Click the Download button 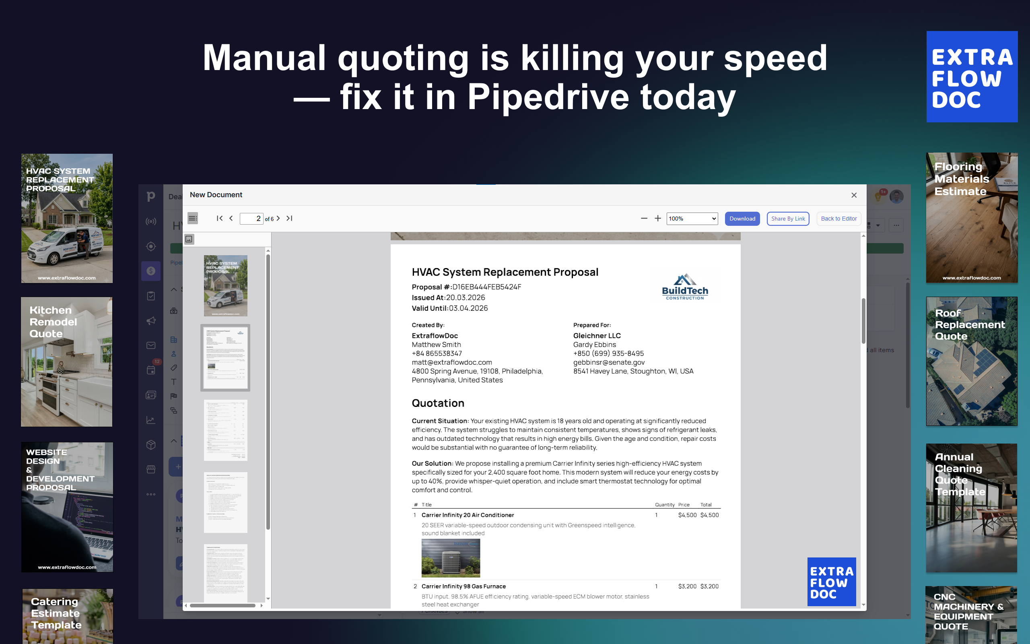[x=742, y=219]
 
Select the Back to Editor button [x=838, y=219]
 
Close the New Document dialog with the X [x=854, y=195]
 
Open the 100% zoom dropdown [x=692, y=219]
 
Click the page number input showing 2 [x=251, y=219]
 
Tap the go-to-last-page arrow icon [x=289, y=218]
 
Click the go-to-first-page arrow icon [x=220, y=218]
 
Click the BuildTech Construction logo [x=685, y=287]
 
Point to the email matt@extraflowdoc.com [x=451, y=362]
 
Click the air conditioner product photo [x=451, y=557]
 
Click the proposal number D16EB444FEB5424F [x=486, y=287]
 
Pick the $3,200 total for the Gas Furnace [x=709, y=586]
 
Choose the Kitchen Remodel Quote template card [x=67, y=361]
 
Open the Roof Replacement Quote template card [x=971, y=361]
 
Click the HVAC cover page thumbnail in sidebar [x=226, y=285]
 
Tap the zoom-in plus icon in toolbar [x=657, y=219]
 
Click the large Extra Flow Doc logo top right [x=972, y=76]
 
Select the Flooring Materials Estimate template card [x=972, y=218]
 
